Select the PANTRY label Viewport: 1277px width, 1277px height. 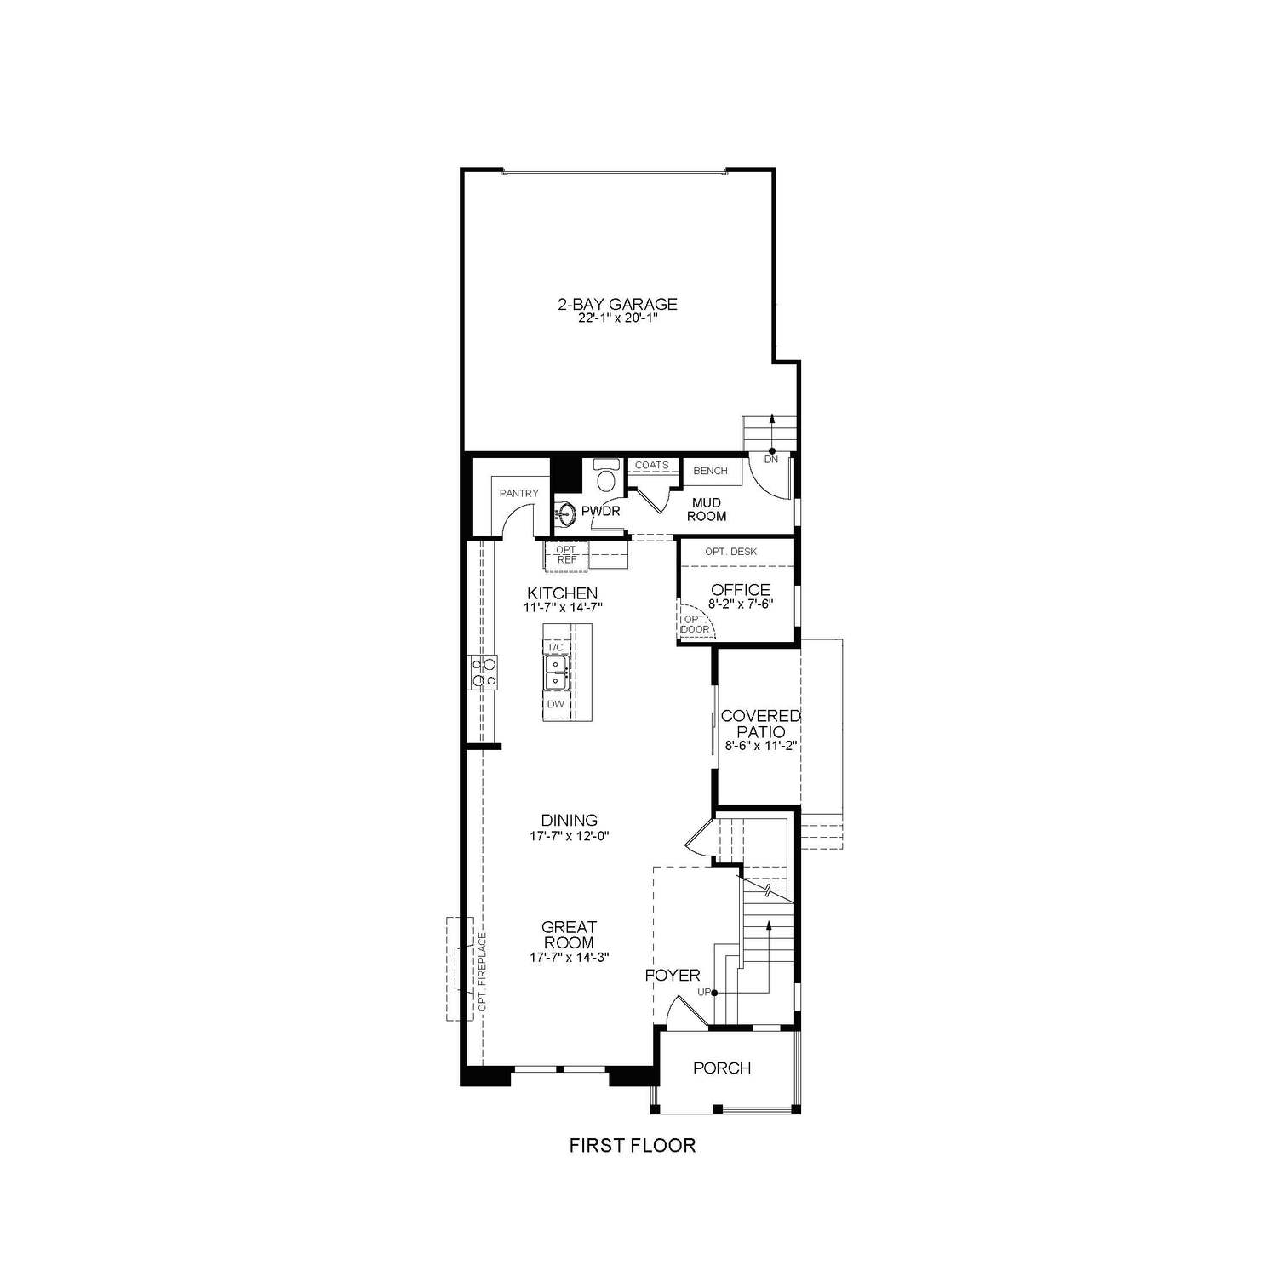(x=518, y=493)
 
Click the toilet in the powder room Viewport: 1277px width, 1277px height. (x=606, y=478)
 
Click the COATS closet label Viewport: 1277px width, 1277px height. (x=652, y=466)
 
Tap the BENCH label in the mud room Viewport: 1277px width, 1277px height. (x=710, y=471)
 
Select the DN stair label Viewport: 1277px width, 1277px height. (x=770, y=460)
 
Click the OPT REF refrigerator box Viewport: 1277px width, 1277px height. (x=566, y=555)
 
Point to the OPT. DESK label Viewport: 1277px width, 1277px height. (x=730, y=552)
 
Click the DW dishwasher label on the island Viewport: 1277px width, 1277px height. (x=555, y=704)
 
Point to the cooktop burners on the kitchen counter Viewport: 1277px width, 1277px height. (x=484, y=672)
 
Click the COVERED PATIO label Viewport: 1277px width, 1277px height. (x=760, y=724)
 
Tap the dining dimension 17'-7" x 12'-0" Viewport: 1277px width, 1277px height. (x=570, y=836)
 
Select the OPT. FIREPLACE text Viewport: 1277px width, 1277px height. (x=482, y=971)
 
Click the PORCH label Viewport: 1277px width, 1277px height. (x=722, y=1068)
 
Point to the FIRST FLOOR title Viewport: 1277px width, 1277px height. (x=632, y=1146)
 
